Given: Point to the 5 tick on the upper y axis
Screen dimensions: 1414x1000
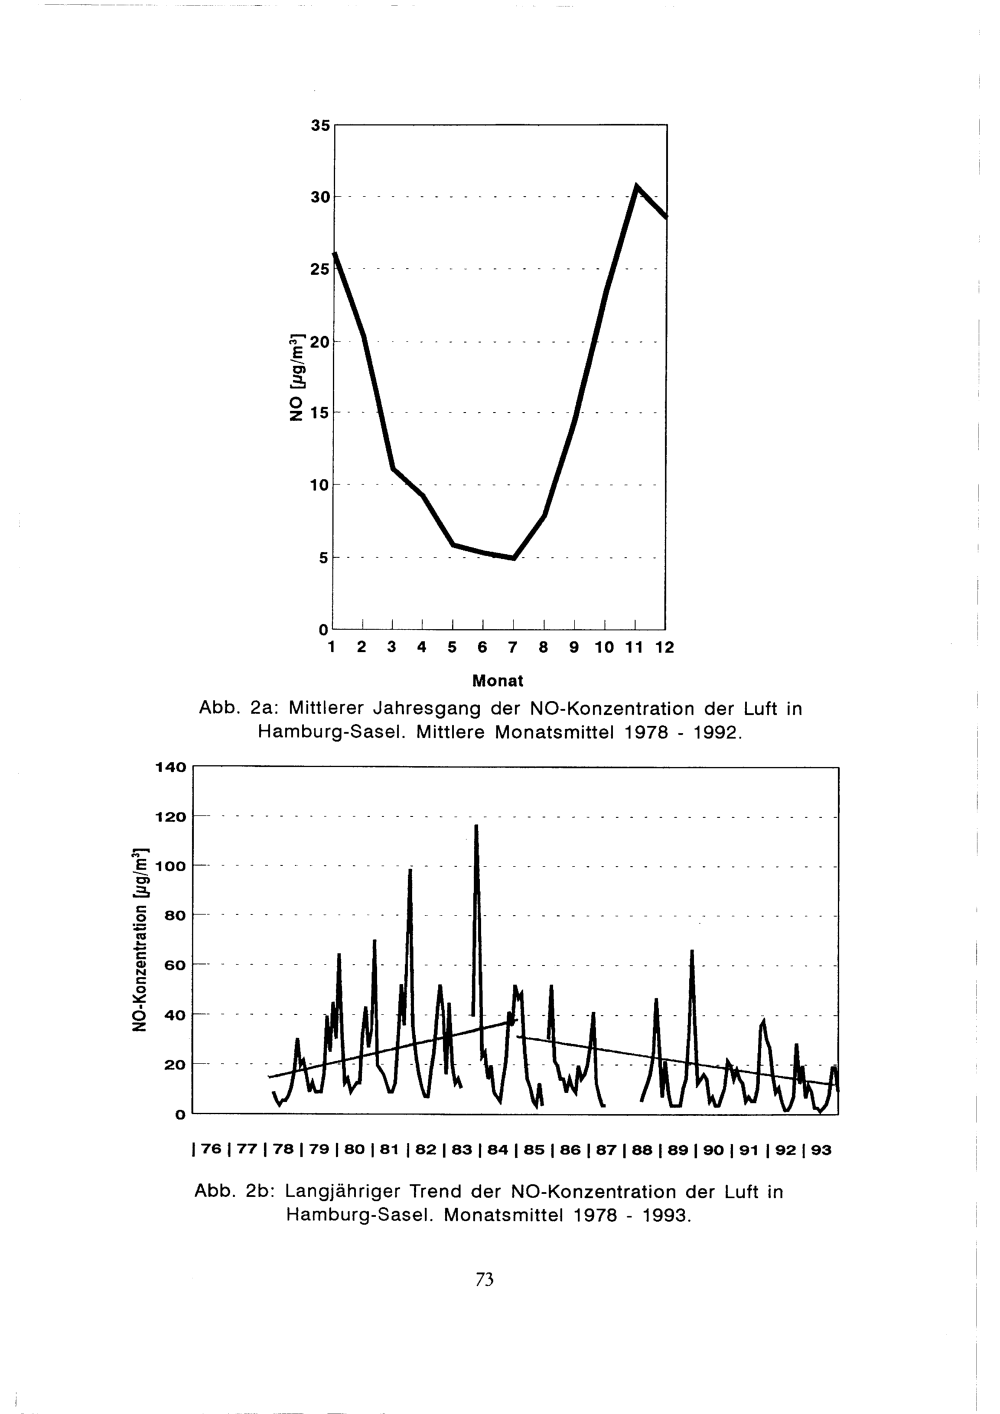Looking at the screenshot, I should pyautogui.click(x=322, y=558).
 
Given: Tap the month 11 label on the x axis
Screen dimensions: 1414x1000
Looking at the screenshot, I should pyautogui.click(x=633, y=647).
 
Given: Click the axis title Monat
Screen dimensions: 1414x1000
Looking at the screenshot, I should pyautogui.click(x=497, y=680).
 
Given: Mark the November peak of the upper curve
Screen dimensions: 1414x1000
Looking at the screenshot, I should pyautogui.click(x=636, y=185).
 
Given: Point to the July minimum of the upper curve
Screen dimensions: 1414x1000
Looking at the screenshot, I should pyautogui.click(x=513, y=558).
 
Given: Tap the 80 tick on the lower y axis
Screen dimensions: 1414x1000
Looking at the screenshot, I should pyautogui.click(x=175, y=915).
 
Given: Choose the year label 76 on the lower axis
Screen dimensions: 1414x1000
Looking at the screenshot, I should pyautogui.click(x=210, y=1150).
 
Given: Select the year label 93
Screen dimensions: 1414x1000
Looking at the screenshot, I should pyautogui.click(x=821, y=1150).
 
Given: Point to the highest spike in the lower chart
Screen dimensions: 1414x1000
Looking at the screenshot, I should pyautogui.click(x=476, y=826).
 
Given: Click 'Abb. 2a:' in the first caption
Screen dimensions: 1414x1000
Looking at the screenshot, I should pyautogui.click(x=239, y=709).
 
